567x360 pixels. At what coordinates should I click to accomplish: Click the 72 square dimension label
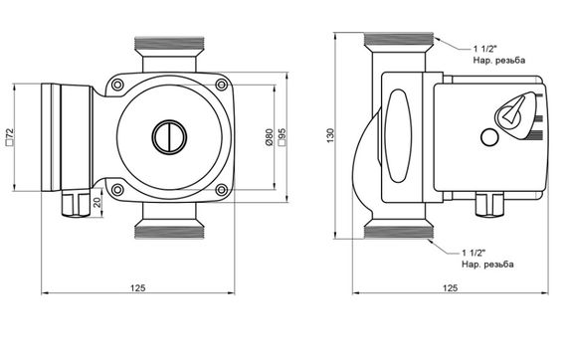10,136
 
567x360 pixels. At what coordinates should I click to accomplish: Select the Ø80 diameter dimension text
269,137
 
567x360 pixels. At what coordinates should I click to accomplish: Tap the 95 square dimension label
283,137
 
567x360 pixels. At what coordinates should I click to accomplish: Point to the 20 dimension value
97,203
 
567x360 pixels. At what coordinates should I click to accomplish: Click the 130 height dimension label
330,135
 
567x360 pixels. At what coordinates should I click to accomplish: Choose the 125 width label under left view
138,287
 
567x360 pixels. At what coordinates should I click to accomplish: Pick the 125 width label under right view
451,287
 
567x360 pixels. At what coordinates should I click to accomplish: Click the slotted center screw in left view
169,137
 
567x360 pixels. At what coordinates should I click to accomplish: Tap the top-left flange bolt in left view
117,85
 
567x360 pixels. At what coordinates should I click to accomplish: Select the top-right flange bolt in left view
221,85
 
